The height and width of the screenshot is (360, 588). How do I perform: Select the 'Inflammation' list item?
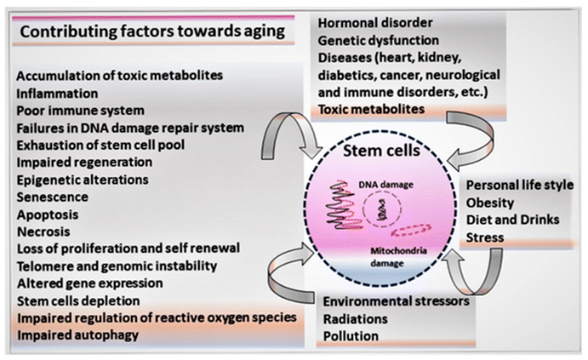point(57,92)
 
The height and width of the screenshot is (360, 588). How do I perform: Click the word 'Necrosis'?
point(45,231)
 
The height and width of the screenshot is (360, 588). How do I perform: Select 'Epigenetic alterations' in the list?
point(83,179)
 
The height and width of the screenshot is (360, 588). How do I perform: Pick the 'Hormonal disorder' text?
point(372,23)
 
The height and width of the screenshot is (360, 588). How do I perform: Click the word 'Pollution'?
point(350,336)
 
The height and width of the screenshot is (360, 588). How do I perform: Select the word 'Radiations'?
point(355,318)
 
